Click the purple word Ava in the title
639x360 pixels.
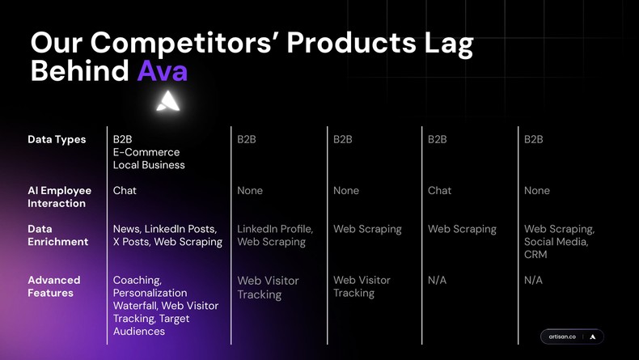click(162, 71)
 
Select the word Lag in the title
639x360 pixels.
click(443, 43)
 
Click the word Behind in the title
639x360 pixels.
click(79, 71)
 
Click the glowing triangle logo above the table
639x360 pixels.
click(168, 101)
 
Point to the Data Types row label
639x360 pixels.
click(57, 139)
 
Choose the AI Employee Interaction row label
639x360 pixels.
click(60, 197)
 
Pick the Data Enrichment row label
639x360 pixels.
click(58, 235)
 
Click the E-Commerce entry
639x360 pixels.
click(146, 152)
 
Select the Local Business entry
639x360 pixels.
click(149, 165)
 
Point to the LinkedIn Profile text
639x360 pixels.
click(274, 229)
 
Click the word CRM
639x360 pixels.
click(535, 255)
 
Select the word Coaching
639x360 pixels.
click(137, 280)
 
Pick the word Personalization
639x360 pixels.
click(150, 293)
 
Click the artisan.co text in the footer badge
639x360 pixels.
click(562, 337)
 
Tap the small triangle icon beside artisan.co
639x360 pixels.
click(593, 337)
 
